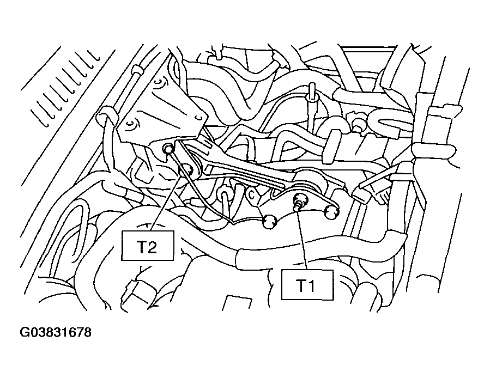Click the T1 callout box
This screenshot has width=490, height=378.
click(x=307, y=285)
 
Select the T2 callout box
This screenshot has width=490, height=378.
click(x=148, y=246)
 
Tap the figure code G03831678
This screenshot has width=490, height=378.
click(x=56, y=332)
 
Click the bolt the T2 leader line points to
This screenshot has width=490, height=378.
click(x=189, y=169)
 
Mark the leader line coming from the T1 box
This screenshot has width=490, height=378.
click(x=303, y=239)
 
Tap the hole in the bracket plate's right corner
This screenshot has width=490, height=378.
click(x=197, y=118)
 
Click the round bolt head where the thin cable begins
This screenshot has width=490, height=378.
click(x=168, y=149)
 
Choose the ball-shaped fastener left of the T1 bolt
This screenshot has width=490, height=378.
click(x=269, y=222)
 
